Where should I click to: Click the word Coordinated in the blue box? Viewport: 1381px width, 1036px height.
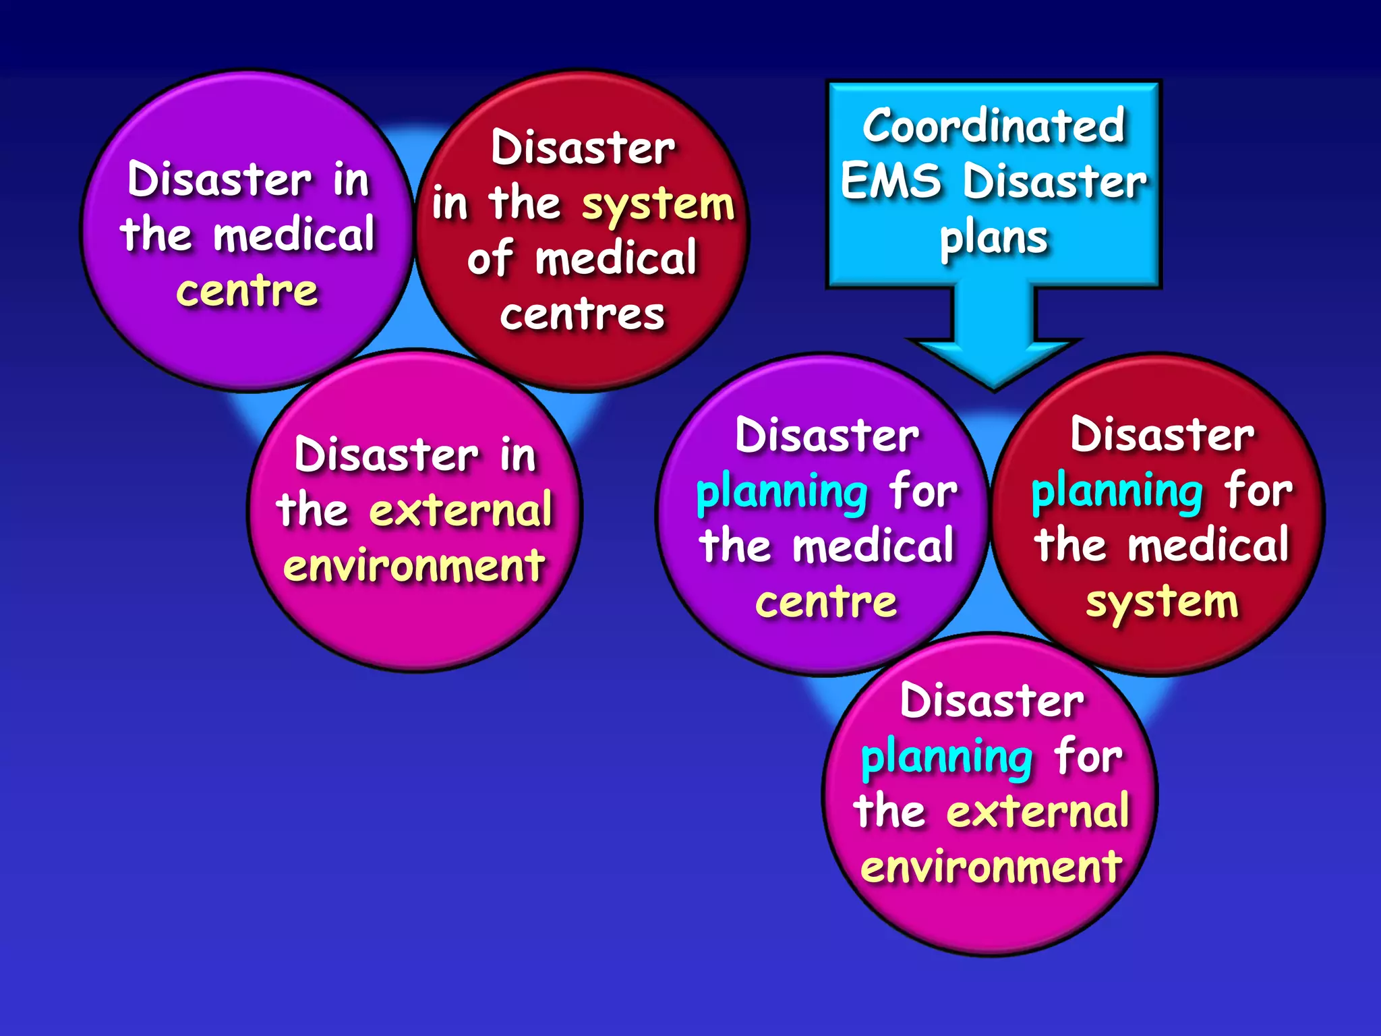coord(993,126)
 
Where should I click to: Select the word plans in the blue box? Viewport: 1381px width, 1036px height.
coord(994,239)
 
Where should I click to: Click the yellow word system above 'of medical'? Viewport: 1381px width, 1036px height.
coord(657,205)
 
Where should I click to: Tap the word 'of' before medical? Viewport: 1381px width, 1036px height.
coord(490,259)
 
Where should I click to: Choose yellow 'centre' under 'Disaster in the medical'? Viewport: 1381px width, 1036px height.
coord(247,291)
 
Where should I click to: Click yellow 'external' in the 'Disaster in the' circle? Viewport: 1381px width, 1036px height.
coord(461,510)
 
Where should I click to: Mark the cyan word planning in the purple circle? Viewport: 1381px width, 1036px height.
coord(782,492)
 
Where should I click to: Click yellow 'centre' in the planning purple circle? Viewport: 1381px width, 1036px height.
coord(826,602)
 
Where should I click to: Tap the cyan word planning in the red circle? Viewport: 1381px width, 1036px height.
coord(1117,492)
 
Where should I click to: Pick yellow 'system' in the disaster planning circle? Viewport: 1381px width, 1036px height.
coord(1162,602)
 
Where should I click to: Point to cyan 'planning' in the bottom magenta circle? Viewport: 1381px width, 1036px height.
coord(947,758)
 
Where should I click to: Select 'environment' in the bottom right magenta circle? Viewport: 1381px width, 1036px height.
coord(991,867)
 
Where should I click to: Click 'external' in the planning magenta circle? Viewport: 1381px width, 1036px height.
coord(1038,812)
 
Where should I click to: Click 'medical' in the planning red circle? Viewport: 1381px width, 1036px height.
coord(1208,546)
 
